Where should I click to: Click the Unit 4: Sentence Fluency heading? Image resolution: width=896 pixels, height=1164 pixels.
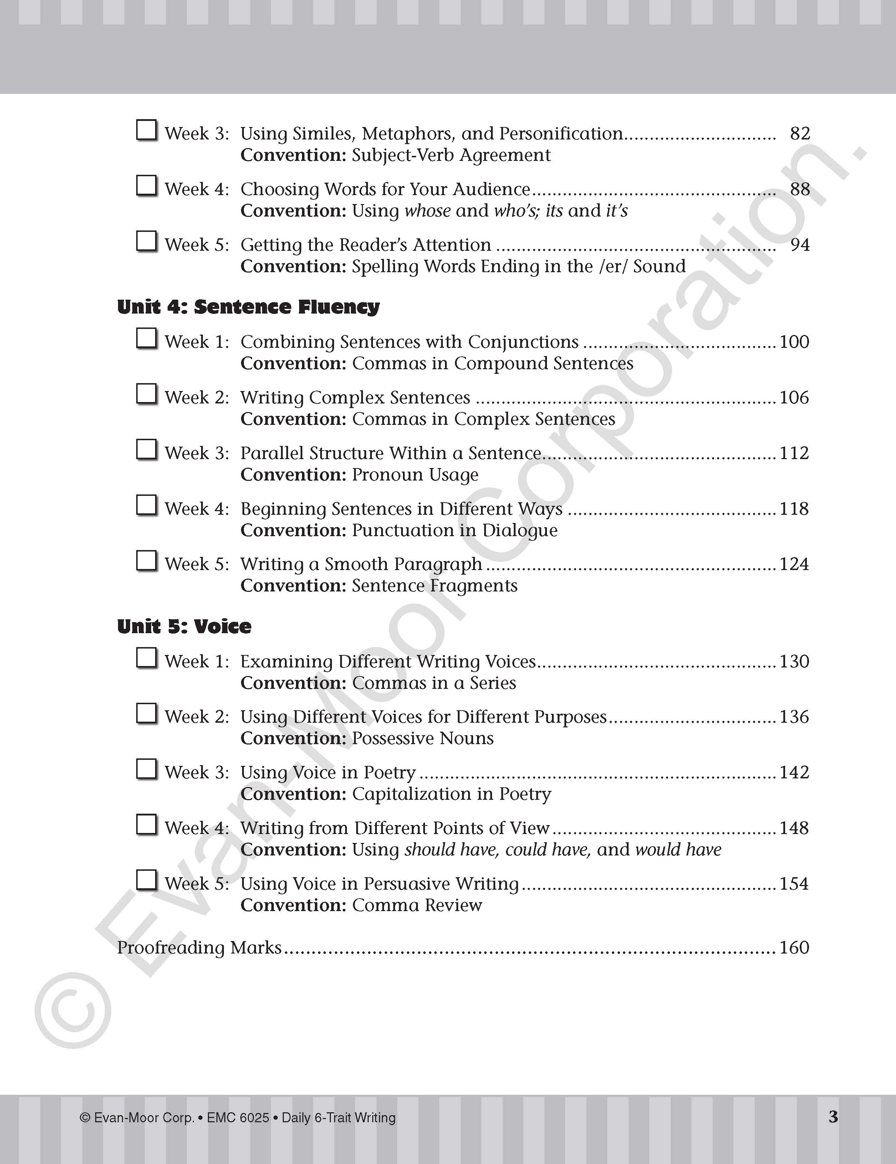(x=248, y=307)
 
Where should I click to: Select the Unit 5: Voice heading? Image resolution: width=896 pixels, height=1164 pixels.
(x=184, y=626)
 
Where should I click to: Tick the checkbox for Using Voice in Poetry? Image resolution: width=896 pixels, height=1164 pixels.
(x=147, y=769)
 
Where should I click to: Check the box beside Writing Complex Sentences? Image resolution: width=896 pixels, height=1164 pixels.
(x=147, y=395)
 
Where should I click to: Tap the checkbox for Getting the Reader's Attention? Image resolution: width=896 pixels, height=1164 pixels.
(x=147, y=242)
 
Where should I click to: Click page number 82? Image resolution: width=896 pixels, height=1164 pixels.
(x=800, y=133)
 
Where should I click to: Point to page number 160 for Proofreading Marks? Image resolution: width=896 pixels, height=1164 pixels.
(x=794, y=947)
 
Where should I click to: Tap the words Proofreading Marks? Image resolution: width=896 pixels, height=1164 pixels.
(x=199, y=947)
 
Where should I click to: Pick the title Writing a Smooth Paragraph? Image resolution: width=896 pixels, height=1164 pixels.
(x=361, y=564)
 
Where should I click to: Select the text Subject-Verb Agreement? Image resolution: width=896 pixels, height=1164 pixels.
(x=451, y=155)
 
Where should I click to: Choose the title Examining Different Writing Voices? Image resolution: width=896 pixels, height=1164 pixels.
(x=388, y=661)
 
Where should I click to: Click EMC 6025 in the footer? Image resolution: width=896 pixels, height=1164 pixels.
(x=238, y=1118)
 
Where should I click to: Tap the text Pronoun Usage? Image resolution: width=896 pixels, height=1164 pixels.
(x=415, y=474)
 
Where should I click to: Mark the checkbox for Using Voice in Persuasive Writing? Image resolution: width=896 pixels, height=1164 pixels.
(x=147, y=880)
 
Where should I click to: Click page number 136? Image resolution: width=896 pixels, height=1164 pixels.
(x=794, y=717)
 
